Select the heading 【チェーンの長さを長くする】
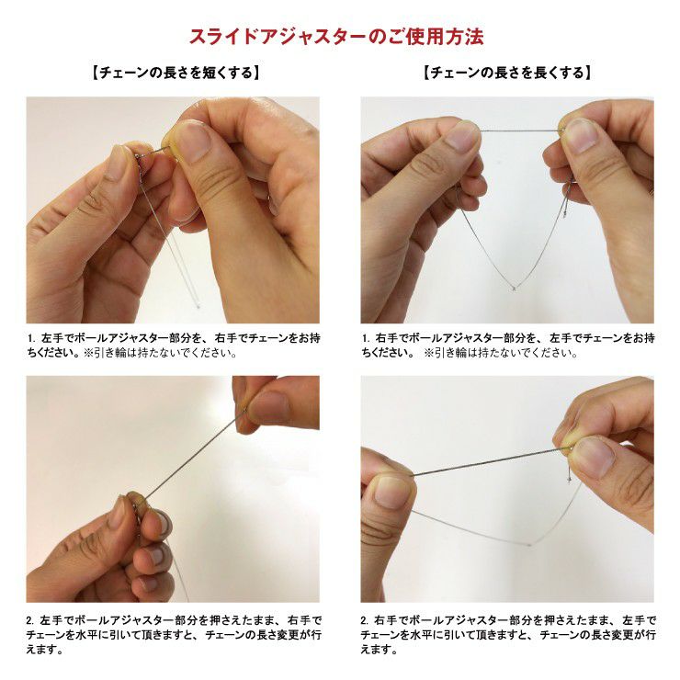point(506,72)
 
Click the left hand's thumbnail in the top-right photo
point(461,137)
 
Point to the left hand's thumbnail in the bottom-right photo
point(390,492)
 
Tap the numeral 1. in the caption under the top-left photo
point(32,338)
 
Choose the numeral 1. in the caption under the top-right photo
point(367,338)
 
